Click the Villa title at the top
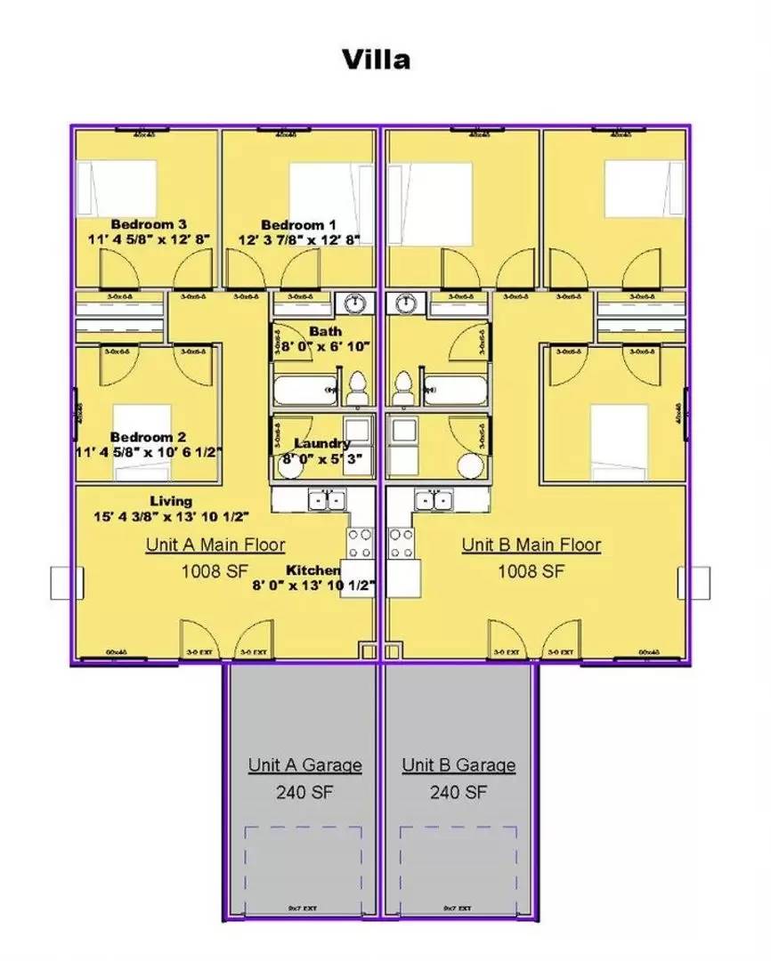[x=377, y=60]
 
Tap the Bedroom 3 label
[x=148, y=224]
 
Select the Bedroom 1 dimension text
[x=298, y=239]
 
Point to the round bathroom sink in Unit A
[x=356, y=303]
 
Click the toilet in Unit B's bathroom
[x=403, y=387]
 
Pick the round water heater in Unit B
[x=469, y=465]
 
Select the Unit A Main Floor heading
[x=215, y=545]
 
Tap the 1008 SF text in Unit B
[x=532, y=570]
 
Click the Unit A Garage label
[x=304, y=765]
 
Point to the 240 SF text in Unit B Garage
[x=458, y=791]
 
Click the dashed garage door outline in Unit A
[x=304, y=868]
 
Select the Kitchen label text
[x=312, y=569]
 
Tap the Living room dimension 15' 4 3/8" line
[x=171, y=516]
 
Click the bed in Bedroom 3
[x=117, y=188]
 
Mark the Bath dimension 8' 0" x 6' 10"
[x=326, y=345]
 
